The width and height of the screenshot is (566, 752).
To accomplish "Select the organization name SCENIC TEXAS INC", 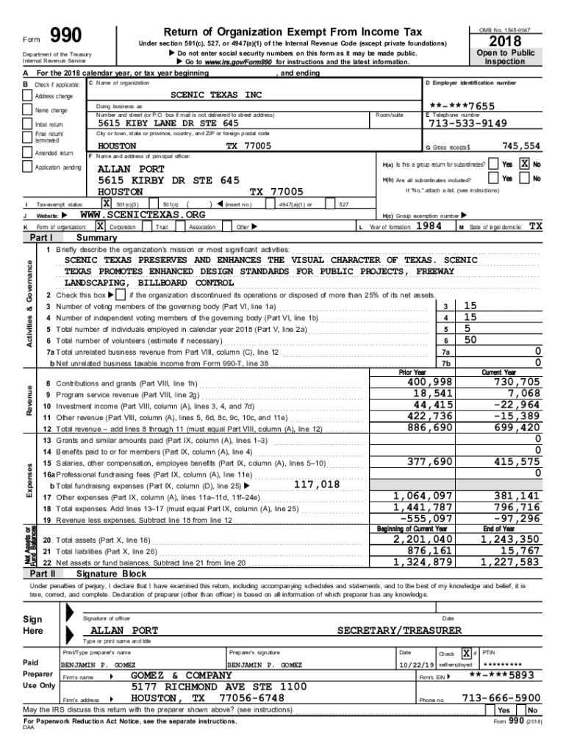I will click(216, 95).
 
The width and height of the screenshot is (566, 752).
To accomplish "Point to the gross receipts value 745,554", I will click(520, 146).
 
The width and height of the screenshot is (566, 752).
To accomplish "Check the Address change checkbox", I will click(28, 96).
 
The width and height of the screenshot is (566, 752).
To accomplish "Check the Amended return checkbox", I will click(28, 153).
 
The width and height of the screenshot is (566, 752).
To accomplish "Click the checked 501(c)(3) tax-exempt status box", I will click(107, 203).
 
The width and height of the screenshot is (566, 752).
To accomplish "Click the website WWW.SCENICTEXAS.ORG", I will click(142, 214).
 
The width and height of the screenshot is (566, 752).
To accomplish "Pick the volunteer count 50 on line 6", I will click(470, 340).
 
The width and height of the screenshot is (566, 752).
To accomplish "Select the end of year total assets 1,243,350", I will click(510, 540).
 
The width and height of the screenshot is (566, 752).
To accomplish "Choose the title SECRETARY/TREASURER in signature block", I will click(399, 631).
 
